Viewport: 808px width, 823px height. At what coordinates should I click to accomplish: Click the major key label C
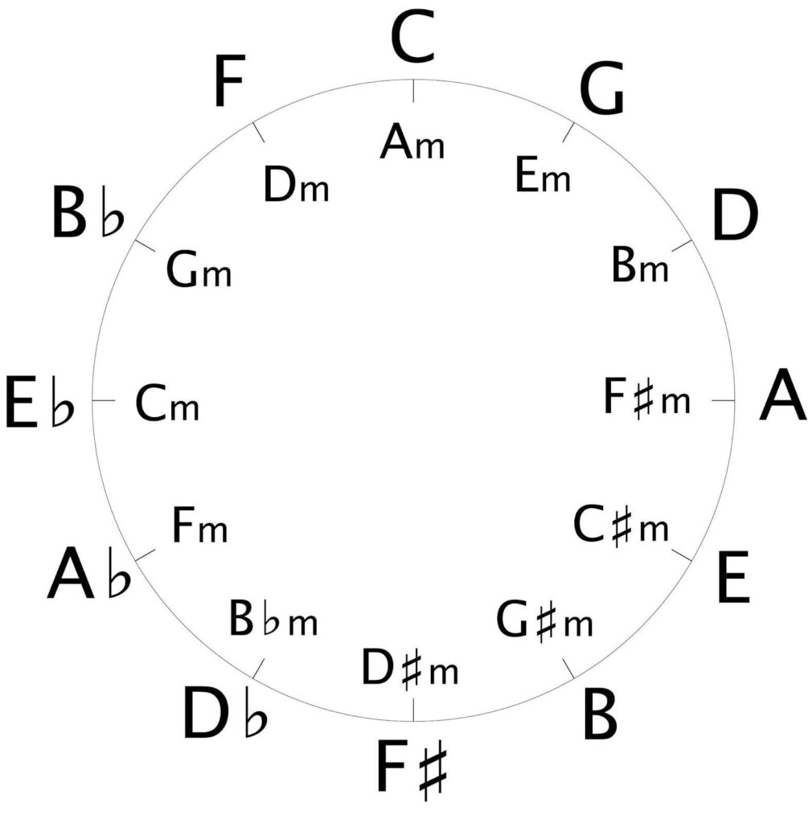tap(413, 39)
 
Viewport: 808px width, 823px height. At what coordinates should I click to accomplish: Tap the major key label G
tap(602, 88)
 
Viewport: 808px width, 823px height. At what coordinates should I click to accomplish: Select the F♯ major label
tap(412, 767)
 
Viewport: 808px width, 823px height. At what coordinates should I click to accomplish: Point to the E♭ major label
tap(40, 401)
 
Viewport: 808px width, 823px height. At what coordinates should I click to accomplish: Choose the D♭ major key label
tap(225, 714)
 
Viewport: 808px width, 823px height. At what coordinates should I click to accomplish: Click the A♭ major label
tap(88, 574)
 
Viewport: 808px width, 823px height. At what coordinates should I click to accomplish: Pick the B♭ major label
tap(88, 211)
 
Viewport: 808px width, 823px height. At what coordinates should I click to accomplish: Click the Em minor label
tap(543, 174)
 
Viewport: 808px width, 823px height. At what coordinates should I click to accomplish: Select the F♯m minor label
tap(647, 398)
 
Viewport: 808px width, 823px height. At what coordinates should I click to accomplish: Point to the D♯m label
tap(410, 668)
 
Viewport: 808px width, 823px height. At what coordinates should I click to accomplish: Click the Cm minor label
tap(167, 403)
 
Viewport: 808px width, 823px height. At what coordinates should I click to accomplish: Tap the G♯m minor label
tap(544, 620)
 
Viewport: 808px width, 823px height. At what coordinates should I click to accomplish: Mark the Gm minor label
tap(199, 269)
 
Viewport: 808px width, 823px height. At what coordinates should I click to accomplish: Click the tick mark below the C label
tap(414, 91)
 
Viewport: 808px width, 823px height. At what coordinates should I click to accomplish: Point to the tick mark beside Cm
tap(104, 400)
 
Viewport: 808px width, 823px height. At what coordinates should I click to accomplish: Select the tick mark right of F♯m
tap(723, 400)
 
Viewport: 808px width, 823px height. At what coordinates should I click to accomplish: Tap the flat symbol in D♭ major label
tap(256, 715)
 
